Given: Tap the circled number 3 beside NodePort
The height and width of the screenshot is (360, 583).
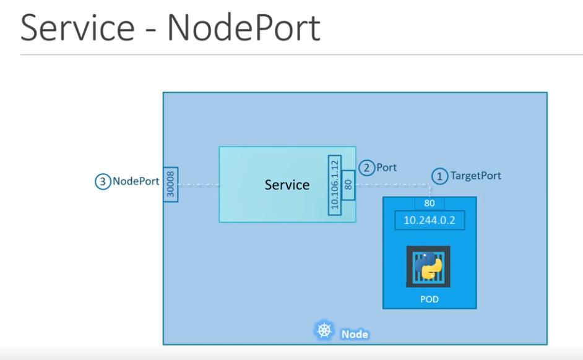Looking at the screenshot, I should tap(102, 182).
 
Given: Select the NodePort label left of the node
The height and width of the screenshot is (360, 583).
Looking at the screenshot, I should tap(136, 182).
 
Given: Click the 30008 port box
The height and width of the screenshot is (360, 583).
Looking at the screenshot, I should tap(171, 184).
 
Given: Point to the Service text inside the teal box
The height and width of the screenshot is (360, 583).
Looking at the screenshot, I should tap(287, 184).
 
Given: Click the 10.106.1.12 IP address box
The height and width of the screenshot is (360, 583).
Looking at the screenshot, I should tap(334, 185).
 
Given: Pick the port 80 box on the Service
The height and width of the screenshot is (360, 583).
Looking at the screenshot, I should tap(347, 184).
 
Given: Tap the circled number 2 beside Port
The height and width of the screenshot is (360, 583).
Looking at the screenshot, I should tap(366, 168).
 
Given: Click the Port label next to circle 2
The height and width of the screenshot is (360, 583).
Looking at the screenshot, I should tap(386, 168).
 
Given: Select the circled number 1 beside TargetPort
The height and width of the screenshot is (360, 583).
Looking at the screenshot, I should tap(439, 176).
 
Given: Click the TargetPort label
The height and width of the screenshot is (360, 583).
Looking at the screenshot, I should tap(475, 176).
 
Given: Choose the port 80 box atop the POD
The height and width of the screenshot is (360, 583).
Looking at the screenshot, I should tap(429, 204).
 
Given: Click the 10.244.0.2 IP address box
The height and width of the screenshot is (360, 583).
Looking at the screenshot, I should tap(430, 220).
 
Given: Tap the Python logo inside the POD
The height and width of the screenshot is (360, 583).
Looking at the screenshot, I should tap(428, 266).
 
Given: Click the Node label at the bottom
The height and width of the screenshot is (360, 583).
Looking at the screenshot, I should tap(354, 334).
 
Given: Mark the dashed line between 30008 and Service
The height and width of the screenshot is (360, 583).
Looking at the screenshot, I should tap(199, 184).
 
